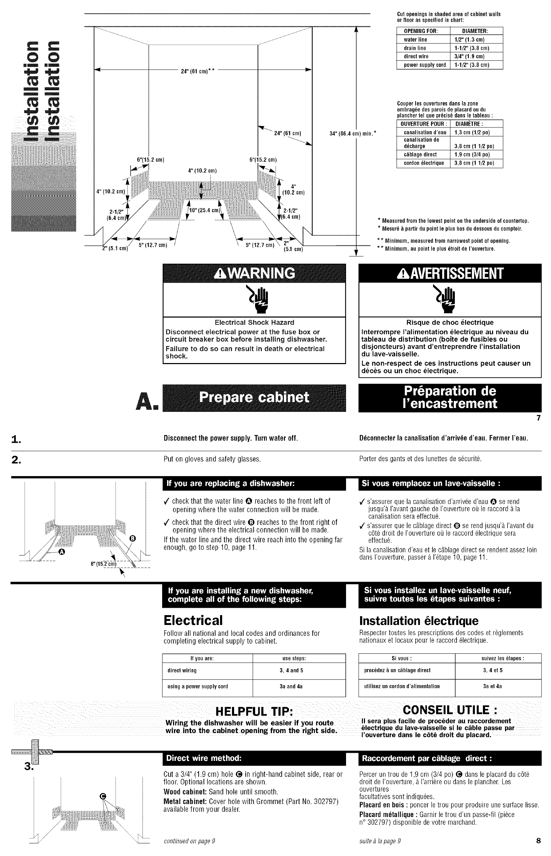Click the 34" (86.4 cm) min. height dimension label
352,134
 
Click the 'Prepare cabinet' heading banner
254,397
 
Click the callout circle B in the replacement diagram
133,538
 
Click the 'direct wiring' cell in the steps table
182,670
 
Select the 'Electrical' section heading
193,620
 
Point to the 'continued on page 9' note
189,841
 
